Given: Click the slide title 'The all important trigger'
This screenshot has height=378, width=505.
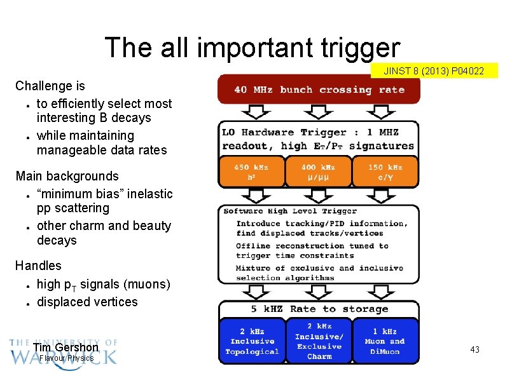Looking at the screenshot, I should coord(253,48).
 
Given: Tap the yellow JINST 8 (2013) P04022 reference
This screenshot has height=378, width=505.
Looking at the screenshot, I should coord(434,71).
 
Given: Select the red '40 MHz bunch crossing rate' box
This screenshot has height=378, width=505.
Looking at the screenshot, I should coord(319,90).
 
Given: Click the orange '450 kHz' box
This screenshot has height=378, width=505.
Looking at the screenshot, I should coord(251,172).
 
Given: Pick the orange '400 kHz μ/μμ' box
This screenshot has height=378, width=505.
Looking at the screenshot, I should coord(318,172).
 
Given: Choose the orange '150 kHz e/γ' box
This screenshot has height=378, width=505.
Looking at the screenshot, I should coord(385,172).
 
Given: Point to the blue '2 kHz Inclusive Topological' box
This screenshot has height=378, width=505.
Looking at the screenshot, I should coord(252,342).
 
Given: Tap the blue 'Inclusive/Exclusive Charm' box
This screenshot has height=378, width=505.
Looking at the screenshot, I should coord(319,342).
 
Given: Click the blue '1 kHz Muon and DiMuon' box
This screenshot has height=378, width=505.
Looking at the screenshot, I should coord(385,342).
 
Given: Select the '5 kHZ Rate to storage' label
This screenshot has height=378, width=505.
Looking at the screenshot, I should coord(319,309).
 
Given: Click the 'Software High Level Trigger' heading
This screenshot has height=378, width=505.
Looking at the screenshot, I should coord(290,211).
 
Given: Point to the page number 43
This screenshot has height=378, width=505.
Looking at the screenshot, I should coord(474,350).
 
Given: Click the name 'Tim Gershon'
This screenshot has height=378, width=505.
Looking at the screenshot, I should coord(66,348).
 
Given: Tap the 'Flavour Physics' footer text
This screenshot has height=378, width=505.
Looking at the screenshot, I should coord(66,358).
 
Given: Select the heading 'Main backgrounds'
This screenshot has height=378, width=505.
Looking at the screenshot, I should coord(67,176).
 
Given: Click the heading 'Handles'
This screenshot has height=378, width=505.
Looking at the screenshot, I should coord(38,266).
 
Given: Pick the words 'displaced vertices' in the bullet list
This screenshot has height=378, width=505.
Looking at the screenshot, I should coord(87,302).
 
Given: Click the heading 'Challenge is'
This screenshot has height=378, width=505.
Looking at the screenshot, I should coord(50,86).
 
